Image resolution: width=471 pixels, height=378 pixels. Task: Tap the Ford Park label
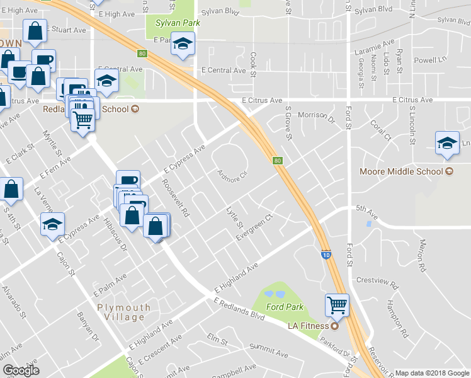(285, 307)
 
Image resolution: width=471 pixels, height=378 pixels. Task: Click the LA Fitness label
(309, 326)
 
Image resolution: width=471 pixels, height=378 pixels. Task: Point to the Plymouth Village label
(124, 312)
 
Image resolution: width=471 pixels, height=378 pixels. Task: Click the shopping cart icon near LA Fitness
(338, 306)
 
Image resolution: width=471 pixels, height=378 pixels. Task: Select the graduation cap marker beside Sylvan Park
(183, 44)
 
